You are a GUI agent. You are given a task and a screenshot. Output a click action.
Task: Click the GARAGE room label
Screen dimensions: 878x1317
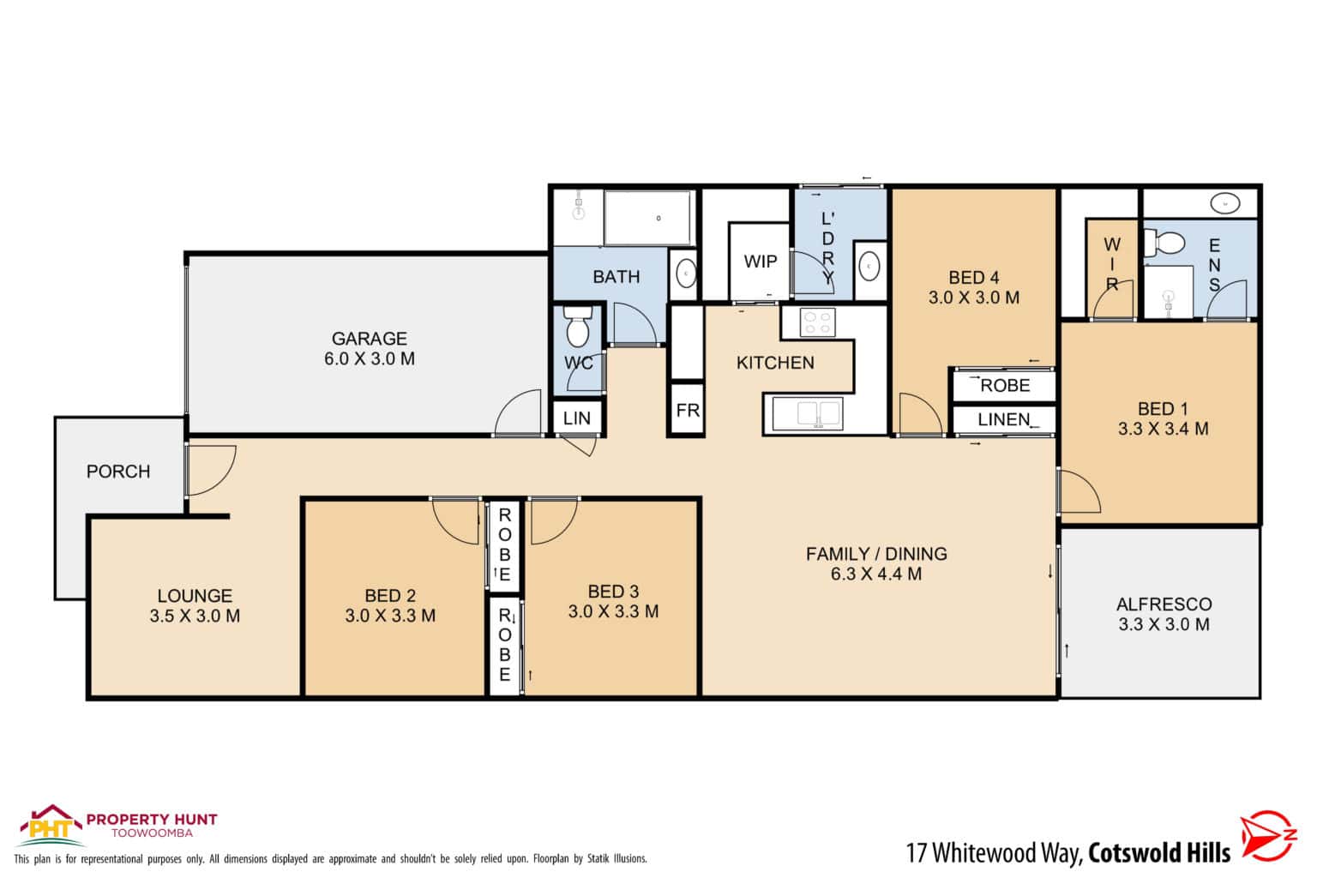coord(370,339)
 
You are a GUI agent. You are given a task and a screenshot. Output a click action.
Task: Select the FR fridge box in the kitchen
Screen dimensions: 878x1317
coord(688,411)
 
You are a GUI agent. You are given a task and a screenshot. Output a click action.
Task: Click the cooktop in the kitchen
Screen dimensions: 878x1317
coord(817,322)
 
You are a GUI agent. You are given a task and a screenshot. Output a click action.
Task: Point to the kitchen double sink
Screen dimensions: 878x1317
coord(807,413)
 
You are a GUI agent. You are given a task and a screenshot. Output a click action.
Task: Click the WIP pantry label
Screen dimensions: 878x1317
coord(761,262)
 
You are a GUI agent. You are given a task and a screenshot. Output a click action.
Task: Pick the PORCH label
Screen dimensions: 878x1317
coord(118,472)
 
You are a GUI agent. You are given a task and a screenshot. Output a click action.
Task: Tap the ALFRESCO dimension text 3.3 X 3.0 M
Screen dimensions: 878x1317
coord(1164,625)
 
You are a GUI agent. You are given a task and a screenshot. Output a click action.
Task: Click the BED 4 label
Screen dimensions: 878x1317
coord(973,278)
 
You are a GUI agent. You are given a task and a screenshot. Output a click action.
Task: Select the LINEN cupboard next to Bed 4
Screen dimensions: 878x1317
coord(1004,420)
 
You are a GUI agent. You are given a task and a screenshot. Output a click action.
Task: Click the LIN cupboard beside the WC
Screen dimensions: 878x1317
coord(577,418)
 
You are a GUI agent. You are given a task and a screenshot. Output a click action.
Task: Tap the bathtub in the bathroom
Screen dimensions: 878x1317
coord(647,218)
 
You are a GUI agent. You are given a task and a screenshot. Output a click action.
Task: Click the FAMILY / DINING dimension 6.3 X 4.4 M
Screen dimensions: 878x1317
coord(876,574)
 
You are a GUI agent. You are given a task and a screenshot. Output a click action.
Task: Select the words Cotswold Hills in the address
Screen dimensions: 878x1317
coord(1159,853)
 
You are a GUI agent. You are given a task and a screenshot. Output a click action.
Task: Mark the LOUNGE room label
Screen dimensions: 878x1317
coord(195,596)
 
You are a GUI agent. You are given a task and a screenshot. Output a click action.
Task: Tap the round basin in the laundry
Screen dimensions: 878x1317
coord(869,267)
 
